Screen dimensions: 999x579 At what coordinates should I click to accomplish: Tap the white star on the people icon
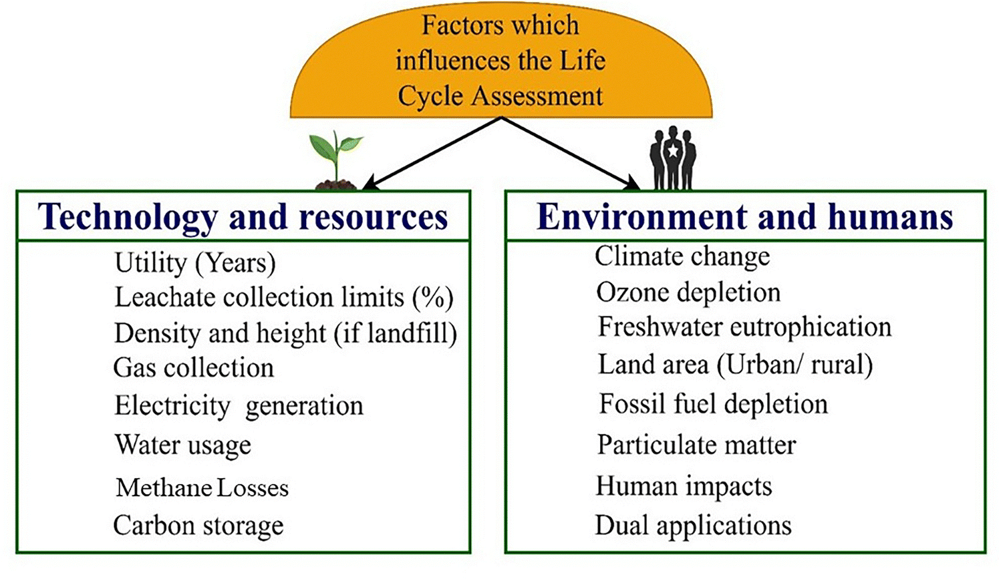[672, 152]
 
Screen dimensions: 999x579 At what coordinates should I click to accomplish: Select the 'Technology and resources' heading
[243, 216]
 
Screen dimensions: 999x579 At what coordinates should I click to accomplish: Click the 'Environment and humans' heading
[744, 216]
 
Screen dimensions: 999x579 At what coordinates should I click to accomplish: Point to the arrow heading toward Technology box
[432, 154]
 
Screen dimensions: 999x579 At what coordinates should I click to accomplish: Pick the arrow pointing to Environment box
[571, 154]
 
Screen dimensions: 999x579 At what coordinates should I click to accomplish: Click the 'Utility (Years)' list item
[195, 263]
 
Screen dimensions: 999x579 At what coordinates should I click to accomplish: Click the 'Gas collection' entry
[194, 368]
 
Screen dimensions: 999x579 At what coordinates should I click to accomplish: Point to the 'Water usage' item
[183, 445]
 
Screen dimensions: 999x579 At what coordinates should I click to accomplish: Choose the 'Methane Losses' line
[202, 488]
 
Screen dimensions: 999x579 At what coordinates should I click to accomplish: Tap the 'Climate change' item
[682, 257]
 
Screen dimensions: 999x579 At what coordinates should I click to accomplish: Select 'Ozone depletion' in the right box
[688, 293]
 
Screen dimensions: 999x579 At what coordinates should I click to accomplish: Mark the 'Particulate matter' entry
[696, 445]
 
